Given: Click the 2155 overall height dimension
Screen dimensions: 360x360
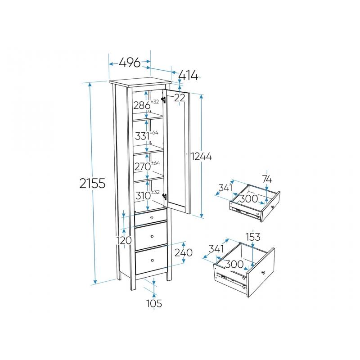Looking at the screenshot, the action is coord(92,183).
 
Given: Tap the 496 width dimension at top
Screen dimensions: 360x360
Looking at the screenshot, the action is coord(130,62).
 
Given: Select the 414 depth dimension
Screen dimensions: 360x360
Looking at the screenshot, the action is coord(188,75).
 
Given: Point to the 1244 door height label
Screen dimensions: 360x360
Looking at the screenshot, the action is coord(202,156).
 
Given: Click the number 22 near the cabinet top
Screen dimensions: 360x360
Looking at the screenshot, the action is coord(180,98).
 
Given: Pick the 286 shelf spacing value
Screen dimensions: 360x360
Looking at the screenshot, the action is coord(142,105).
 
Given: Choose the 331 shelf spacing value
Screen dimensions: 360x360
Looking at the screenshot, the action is coord(142,136).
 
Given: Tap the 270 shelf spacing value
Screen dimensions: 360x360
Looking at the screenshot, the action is coord(142,166).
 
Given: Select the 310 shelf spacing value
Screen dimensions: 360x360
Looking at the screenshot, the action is coord(143,196).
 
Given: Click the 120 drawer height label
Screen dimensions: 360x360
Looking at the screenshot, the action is coord(124,240).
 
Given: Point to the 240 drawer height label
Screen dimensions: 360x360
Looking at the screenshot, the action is coord(184,252).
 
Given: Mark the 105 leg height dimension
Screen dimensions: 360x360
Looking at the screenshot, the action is coord(154,303).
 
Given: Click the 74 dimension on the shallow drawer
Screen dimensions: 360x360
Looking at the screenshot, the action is coord(267,179).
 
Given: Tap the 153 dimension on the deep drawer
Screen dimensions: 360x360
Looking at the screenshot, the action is coord(253,237).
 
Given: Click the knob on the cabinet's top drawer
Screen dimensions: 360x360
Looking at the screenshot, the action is coord(152,218).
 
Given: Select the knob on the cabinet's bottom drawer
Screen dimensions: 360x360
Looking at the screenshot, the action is coord(152,261).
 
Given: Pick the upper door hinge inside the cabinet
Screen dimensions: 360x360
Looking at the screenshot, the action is coord(163,99).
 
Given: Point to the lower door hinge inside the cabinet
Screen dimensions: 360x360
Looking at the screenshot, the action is coord(164,197).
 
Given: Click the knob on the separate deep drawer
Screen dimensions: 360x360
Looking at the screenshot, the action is coord(263,273).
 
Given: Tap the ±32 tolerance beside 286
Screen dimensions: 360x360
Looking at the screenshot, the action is coord(155,102).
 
